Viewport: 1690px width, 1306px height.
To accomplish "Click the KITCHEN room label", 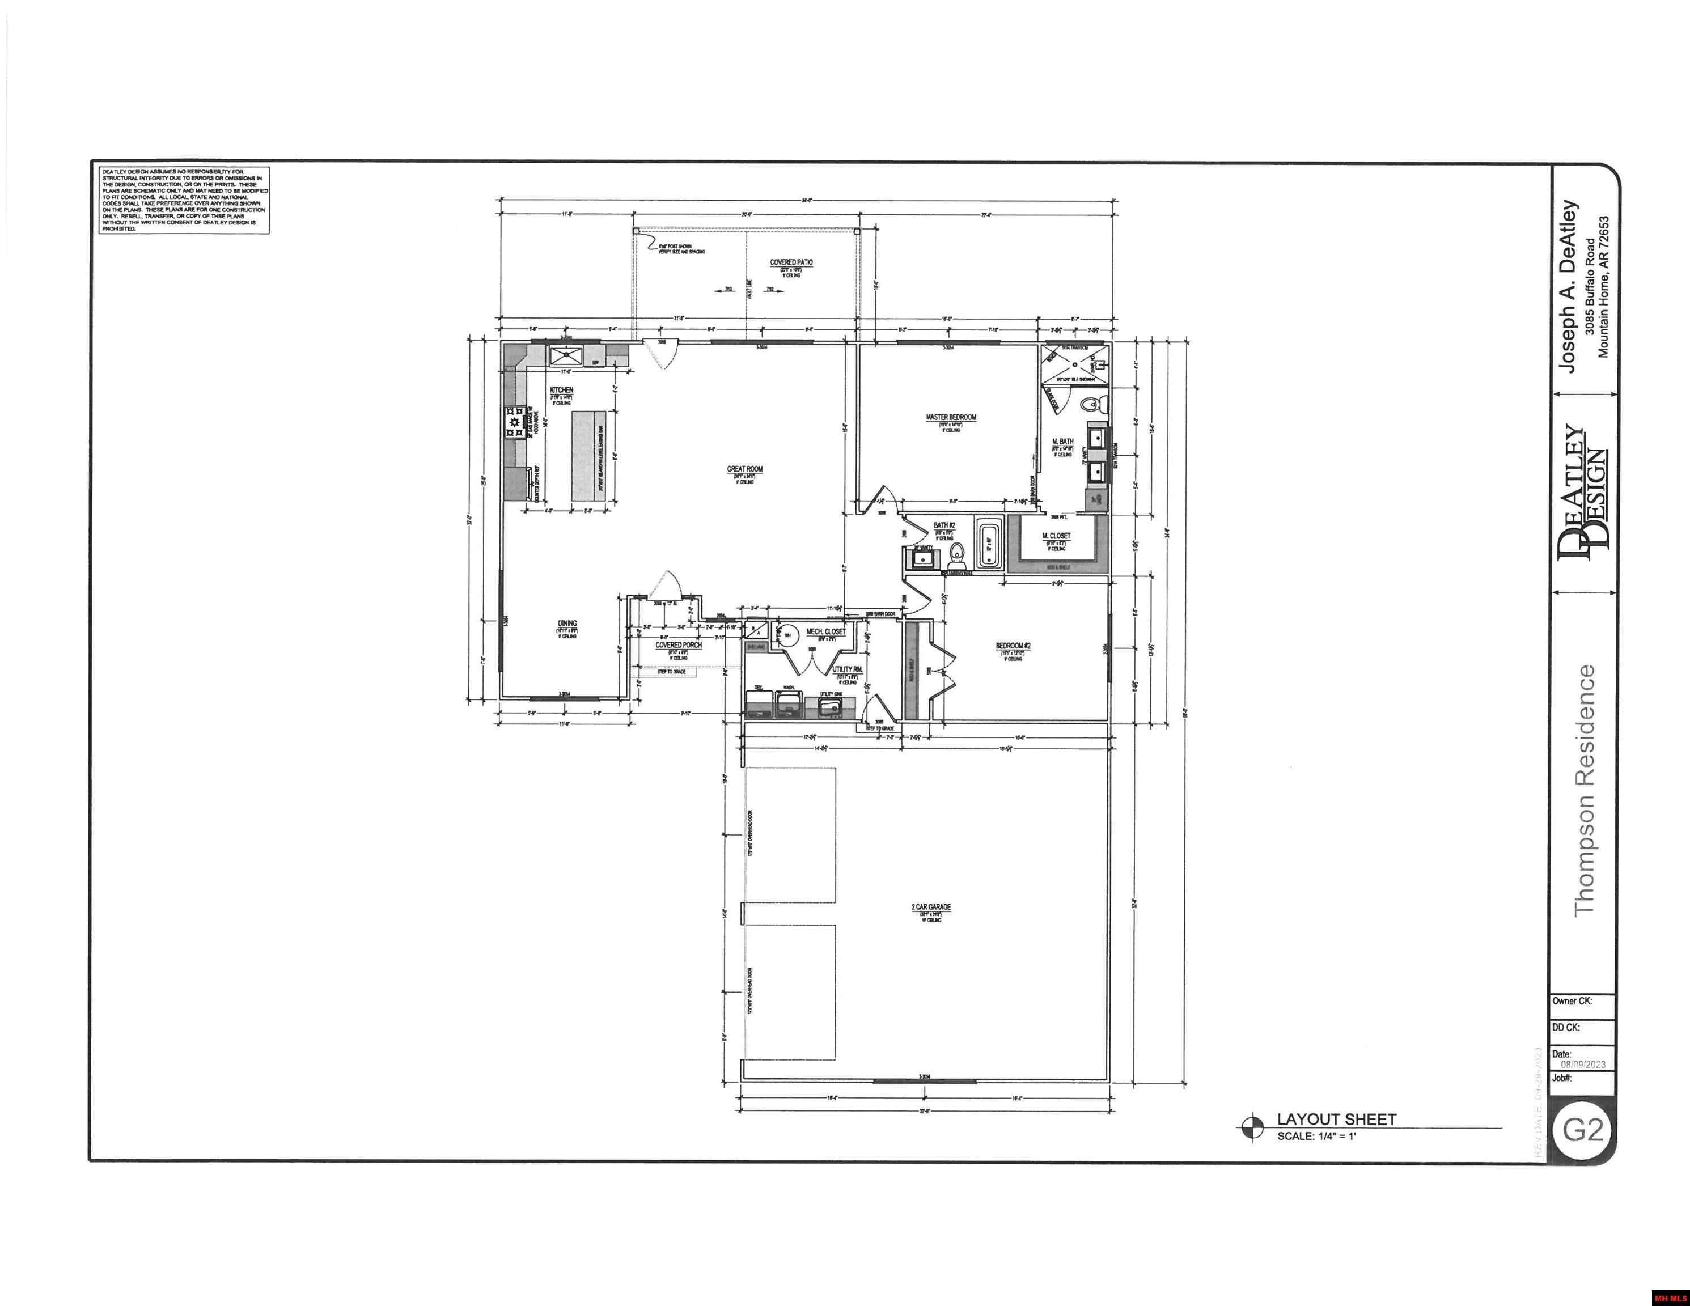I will pyautogui.click(x=561, y=390).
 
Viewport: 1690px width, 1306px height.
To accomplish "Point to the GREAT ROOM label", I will pyautogui.click(x=744, y=469).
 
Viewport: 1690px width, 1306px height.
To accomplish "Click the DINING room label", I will pyautogui.click(x=567, y=624).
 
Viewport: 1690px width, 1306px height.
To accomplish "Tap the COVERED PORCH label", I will pyautogui.click(x=679, y=644).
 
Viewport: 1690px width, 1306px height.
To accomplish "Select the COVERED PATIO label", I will pyautogui.click(x=791, y=262).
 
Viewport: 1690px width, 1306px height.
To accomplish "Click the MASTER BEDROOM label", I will pyautogui.click(x=951, y=417).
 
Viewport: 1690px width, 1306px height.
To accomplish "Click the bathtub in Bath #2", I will pyautogui.click(x=989, y=544).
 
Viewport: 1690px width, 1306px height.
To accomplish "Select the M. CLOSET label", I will pyautogui.click(x=1056, y=536).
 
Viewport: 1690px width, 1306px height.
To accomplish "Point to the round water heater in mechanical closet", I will pyautogui.click(x=787, y=635).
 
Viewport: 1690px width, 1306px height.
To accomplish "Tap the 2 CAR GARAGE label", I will pyautogui.click(x=931, y=907).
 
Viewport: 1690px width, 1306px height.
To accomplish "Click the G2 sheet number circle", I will pyautogui.click(x=1582, y=1130).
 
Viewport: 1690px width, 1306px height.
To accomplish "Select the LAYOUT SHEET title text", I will pyautogui.click(x=1336, y=1119).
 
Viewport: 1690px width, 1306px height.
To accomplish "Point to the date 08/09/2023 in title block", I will pyautogui.click(x=1582, y=1064).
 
